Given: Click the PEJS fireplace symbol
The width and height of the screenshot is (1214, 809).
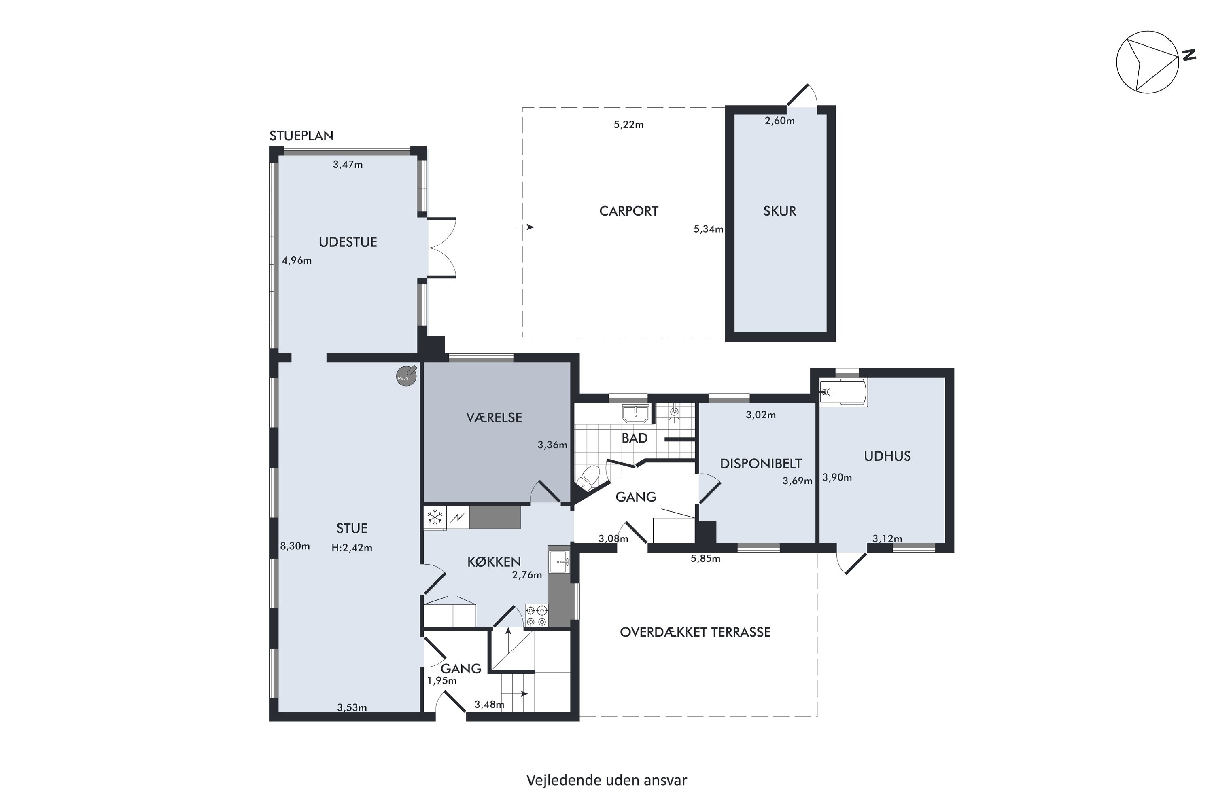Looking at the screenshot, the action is click(x=406, y=376).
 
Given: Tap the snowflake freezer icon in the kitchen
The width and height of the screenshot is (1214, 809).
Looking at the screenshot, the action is click(x=435, y=517).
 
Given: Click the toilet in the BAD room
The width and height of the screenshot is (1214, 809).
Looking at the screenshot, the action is click(x=588, y=477).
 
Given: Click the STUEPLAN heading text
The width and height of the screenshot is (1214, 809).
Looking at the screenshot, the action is click(x=301, y=136).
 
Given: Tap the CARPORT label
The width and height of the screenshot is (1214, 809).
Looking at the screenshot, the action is click(x=629, y=211).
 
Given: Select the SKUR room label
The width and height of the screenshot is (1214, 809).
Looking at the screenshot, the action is click(x=779, y=211).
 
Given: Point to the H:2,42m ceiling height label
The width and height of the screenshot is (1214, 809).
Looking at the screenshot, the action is click(x=352, y=548).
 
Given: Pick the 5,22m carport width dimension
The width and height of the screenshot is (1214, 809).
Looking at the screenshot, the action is click(x=629, y=124).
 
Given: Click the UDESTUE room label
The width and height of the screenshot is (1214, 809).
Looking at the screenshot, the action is click(x=348, y=242).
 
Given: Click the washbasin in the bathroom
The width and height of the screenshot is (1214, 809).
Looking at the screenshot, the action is click(x=636, y=414).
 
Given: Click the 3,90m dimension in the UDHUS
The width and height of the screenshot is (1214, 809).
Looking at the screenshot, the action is click(x=837, y=477).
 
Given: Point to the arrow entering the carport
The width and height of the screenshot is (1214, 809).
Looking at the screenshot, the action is click(x=524, y=227).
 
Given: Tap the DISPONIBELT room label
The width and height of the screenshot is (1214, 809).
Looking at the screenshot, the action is click(x=761, y=463).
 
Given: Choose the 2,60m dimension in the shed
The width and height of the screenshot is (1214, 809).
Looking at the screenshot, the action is click(x=779, y=121).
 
